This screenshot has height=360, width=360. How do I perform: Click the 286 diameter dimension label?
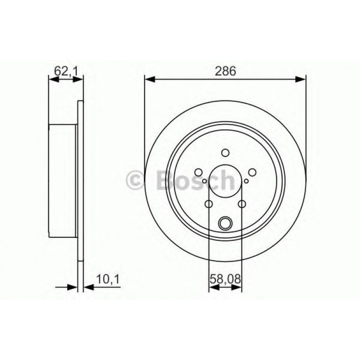(225, 71)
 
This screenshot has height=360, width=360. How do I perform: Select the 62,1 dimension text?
(66, 70)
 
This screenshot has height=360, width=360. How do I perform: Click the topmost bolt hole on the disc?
(225, 152)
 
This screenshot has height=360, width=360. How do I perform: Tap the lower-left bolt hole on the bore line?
(208, 204)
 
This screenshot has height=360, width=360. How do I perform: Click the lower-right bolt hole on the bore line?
(242, 204)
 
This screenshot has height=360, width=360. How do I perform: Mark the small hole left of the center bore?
(204, 181)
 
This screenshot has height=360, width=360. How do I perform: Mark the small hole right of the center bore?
(246, 181)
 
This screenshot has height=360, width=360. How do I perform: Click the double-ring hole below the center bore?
(225, 222)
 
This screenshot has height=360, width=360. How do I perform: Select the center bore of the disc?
(225, 181)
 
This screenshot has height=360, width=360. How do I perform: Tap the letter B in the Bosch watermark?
(165, 180)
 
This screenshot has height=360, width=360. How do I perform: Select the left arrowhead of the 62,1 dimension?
(52, 80)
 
